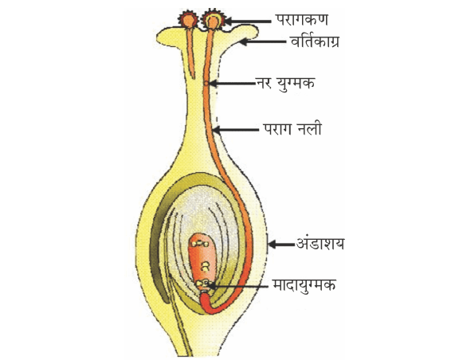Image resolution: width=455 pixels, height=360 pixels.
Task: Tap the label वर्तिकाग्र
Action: click(315, 41)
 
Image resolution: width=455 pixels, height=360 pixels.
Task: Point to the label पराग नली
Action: click(292, 129)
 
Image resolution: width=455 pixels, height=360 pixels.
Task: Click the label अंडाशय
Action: click(320, 244)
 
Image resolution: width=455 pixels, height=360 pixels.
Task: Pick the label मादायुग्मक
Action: click(304, 285)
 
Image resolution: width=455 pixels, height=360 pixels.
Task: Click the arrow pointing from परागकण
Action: click(248, 22)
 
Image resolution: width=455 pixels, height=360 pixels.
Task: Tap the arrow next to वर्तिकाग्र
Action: click(263, 41)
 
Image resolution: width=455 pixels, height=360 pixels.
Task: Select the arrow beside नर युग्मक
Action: click(232, 84)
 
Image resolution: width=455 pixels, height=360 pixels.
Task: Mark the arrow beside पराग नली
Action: click(236, 130)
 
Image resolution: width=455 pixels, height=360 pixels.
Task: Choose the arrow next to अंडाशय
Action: click(281, 245)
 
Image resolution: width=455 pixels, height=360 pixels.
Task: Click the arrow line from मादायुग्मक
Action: click(238, 286)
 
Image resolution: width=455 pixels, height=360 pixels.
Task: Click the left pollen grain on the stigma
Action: click(188, 20)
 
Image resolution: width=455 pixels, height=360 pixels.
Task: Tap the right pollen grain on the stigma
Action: click(214, 20)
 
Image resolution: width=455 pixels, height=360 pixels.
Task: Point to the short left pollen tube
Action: click(190, 53)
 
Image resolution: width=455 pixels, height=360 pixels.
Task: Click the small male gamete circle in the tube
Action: click(206, 84)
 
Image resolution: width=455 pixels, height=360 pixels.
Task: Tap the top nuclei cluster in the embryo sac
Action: click(199, 244)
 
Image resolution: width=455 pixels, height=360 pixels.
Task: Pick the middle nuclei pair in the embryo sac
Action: click(205, 267)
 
